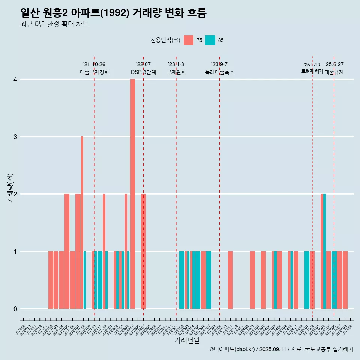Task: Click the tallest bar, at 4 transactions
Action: click(x=132, y=193)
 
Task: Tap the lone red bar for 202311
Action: click(x=230, y=280)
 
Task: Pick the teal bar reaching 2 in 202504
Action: click(x=325, y=251)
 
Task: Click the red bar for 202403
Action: click(x=252, y=280)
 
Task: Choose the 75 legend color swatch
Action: click(x=189, y=40)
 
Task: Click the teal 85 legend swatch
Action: click(x=210, y=40)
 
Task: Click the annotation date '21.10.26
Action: click(x=94, y=64)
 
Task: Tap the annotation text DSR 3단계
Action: click(x=143, y=72)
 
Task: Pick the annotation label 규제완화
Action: click(x=176, y=72)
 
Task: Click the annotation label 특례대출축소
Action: click(x=220, y=72)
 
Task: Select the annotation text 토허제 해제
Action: click(x=312, y=71)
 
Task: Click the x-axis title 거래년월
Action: click(x=187, y=340)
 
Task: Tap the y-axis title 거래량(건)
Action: click(x=10, y=188)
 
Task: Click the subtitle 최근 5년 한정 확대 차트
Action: click(x=55, y=24)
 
